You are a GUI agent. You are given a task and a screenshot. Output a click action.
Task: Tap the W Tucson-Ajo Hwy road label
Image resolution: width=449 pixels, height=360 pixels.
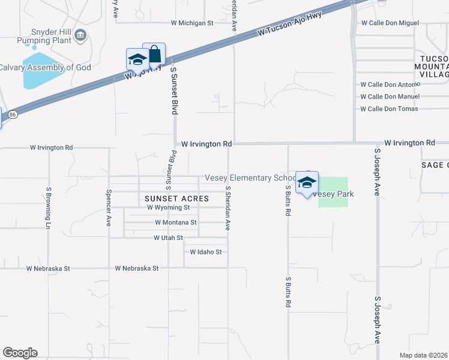[x=290, y=25]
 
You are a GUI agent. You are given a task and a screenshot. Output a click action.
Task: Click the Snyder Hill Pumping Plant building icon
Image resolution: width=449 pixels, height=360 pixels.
[x=79, y=37]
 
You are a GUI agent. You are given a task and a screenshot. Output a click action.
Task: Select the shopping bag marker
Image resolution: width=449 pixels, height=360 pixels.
[x=154, y=55]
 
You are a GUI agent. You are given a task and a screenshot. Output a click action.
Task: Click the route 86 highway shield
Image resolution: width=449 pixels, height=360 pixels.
[x=13, y=113]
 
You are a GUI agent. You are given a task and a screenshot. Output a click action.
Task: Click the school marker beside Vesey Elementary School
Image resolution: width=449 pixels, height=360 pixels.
[x=307, y=183]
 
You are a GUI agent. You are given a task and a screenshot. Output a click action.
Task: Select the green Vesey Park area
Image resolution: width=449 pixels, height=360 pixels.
[x=333, y=193]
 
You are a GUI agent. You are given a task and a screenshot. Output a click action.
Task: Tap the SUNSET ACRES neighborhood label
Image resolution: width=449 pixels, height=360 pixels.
[x=176, y=198]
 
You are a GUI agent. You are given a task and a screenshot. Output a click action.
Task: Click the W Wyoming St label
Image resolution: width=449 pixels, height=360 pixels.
[x=168, y=208]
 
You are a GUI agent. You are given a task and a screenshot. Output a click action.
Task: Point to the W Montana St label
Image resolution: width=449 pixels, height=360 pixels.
[x=175, y=222]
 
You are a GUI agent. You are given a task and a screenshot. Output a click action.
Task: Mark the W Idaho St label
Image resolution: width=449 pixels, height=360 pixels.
[x=206, y=252]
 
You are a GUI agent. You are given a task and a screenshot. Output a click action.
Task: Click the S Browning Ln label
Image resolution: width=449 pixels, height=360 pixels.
[x=48, y=207]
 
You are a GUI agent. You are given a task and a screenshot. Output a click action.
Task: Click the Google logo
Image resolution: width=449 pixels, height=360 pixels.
[x=20, y=353]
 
